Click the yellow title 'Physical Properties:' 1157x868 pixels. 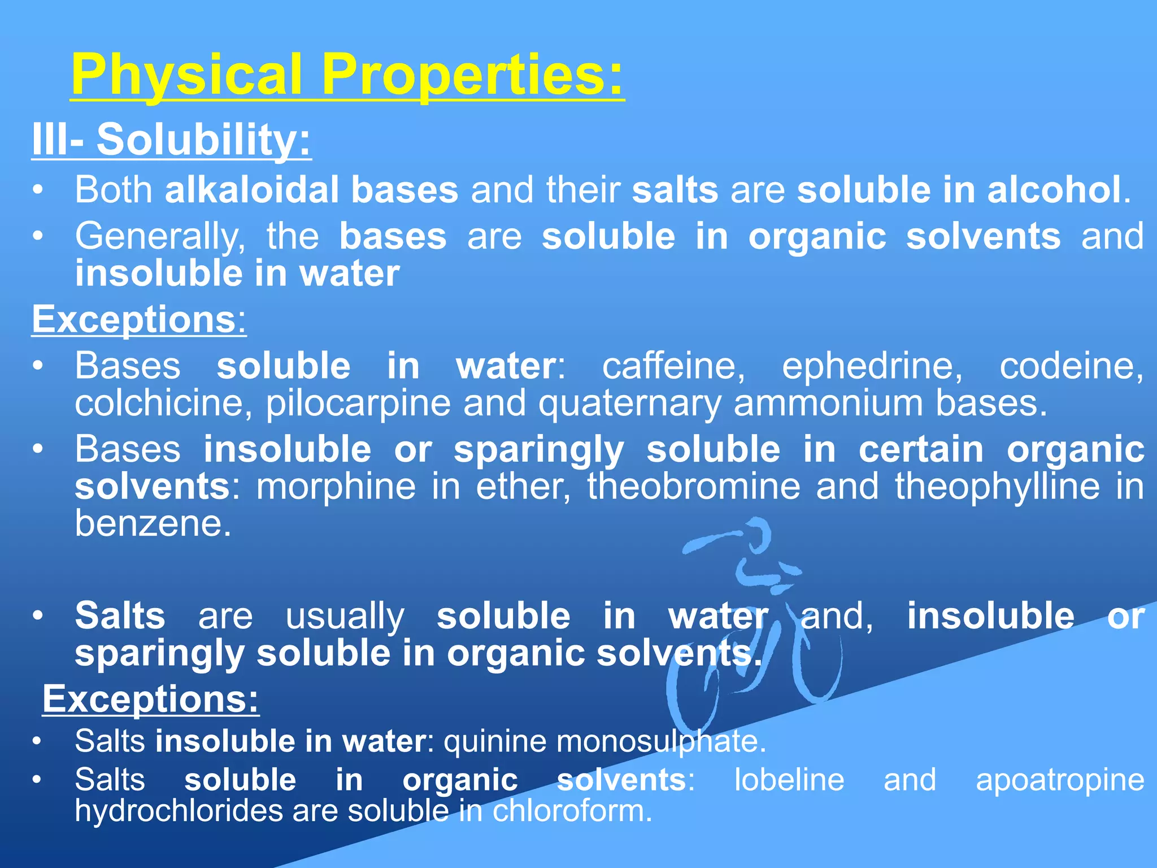pyautogui.click(x=347, y=75)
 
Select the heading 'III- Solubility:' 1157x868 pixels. pyautogui.click(x=171, y=140)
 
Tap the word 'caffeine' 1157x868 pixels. pyautogui.click(x=673, y=366)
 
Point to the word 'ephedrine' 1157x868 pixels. pyautogui.click(x=872, y=366)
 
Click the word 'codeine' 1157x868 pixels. pyautogui.click(x=1071, y=366)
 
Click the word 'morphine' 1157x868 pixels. pyautogui.click(x=336, y=487)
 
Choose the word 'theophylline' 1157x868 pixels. pyautogui.click(x=998, y=487)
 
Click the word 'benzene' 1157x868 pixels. pyautogui.click(x=153, y=524)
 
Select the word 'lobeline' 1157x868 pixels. pyautogui.click(x=789, y=780)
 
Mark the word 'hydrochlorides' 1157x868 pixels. pyautogui.click(x=179, y=811)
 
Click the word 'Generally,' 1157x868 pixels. pyautogui.click(x=160, y=237)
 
